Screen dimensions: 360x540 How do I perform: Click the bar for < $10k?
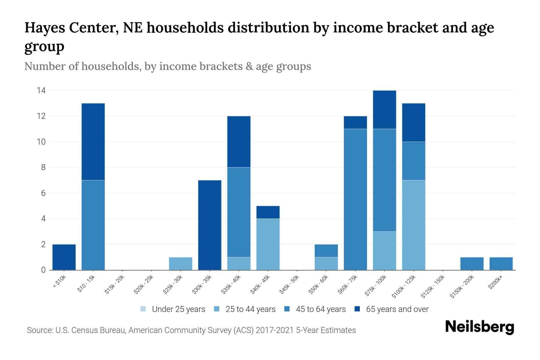click(64, 257)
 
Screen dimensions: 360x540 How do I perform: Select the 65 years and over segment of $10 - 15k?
click(93, 142)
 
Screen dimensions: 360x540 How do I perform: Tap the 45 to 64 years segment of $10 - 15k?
click(93, 225)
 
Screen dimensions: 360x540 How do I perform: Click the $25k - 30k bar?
click(181, 264)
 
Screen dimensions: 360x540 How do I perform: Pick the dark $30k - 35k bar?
click(210, 225)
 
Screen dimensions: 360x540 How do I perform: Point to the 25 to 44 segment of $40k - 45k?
click(268, 244)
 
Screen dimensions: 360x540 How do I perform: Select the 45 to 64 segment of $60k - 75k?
click(355, 199)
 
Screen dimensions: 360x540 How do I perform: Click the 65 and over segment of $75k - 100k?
click(384, 110)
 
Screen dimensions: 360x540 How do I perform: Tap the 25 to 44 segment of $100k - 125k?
click(413, 225)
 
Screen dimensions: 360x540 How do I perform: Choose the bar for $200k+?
click(501, 264)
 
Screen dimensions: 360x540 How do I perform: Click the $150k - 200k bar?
click(472, 264)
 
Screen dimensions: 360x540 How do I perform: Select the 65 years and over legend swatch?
click(357, 309)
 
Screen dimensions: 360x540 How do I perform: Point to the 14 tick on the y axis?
click(41, 90)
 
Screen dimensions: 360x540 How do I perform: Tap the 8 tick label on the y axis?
click(43, 167)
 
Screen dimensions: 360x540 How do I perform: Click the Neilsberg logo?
click(479, 327)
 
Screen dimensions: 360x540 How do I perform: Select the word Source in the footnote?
click(39, 330)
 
